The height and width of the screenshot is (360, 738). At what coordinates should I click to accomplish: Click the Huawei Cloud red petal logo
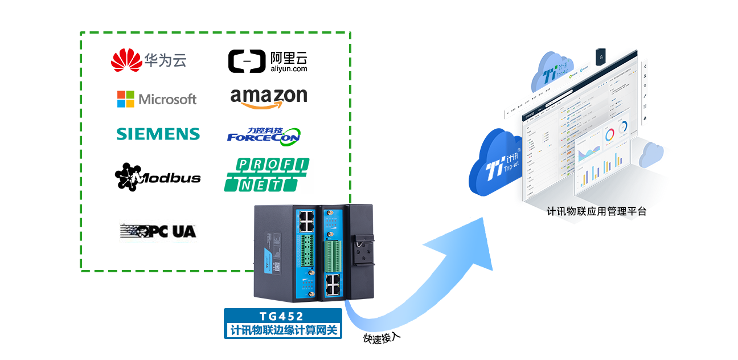(x=126, y=60)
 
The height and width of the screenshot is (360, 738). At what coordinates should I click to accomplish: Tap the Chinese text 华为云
(x=165, y=60)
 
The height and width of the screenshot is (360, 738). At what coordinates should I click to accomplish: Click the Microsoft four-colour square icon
(x=125, y=99)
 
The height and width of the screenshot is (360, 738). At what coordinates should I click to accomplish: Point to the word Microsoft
(x=167, y=100)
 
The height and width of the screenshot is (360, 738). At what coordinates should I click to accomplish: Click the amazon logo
(x=269, y=97)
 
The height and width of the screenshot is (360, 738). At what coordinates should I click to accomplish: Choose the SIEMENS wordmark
(x=158, y=134)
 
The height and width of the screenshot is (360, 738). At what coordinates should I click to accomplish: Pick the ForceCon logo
(x=263, y=135)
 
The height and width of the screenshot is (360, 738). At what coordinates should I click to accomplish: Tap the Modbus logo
(x=158, y=177)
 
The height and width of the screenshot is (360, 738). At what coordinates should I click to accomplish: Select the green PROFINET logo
(x=266, y=175)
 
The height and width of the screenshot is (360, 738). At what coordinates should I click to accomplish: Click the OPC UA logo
(x=158, y=231)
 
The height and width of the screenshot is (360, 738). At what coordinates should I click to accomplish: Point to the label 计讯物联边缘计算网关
(x=283, y=330)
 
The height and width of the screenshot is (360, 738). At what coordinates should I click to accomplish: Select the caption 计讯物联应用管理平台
(x=596, y=211)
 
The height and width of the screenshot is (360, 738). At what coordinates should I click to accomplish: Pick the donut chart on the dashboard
(x=610, y=135)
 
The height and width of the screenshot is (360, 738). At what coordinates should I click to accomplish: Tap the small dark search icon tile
(x=601, y=57)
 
